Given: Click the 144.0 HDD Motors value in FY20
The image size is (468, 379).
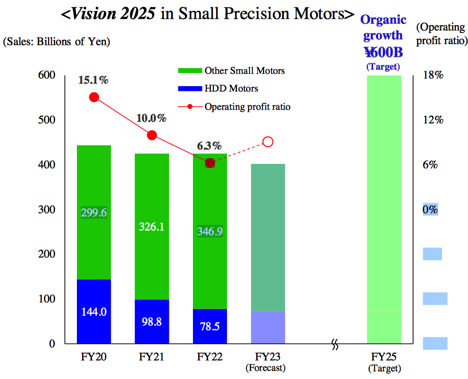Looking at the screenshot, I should coord(94,312).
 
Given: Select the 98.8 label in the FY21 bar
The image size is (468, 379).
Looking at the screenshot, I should coord(152,322).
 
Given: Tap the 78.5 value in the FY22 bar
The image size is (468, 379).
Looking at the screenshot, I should coord(210,326).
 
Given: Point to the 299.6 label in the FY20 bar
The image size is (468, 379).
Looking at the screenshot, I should coord(94,212).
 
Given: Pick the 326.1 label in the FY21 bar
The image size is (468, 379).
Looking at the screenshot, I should coord(152,227).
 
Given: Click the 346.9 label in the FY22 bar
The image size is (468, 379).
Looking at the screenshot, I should coord(210,231).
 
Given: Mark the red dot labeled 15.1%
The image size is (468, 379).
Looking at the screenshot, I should coord(94,97).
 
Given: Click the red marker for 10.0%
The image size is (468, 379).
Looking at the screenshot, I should coord(152,135).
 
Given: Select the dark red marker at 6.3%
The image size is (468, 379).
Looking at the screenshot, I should coord(210,163).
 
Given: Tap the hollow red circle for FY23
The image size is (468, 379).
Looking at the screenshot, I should coord(268,141).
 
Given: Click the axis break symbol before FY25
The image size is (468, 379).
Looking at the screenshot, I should coord(335,345).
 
